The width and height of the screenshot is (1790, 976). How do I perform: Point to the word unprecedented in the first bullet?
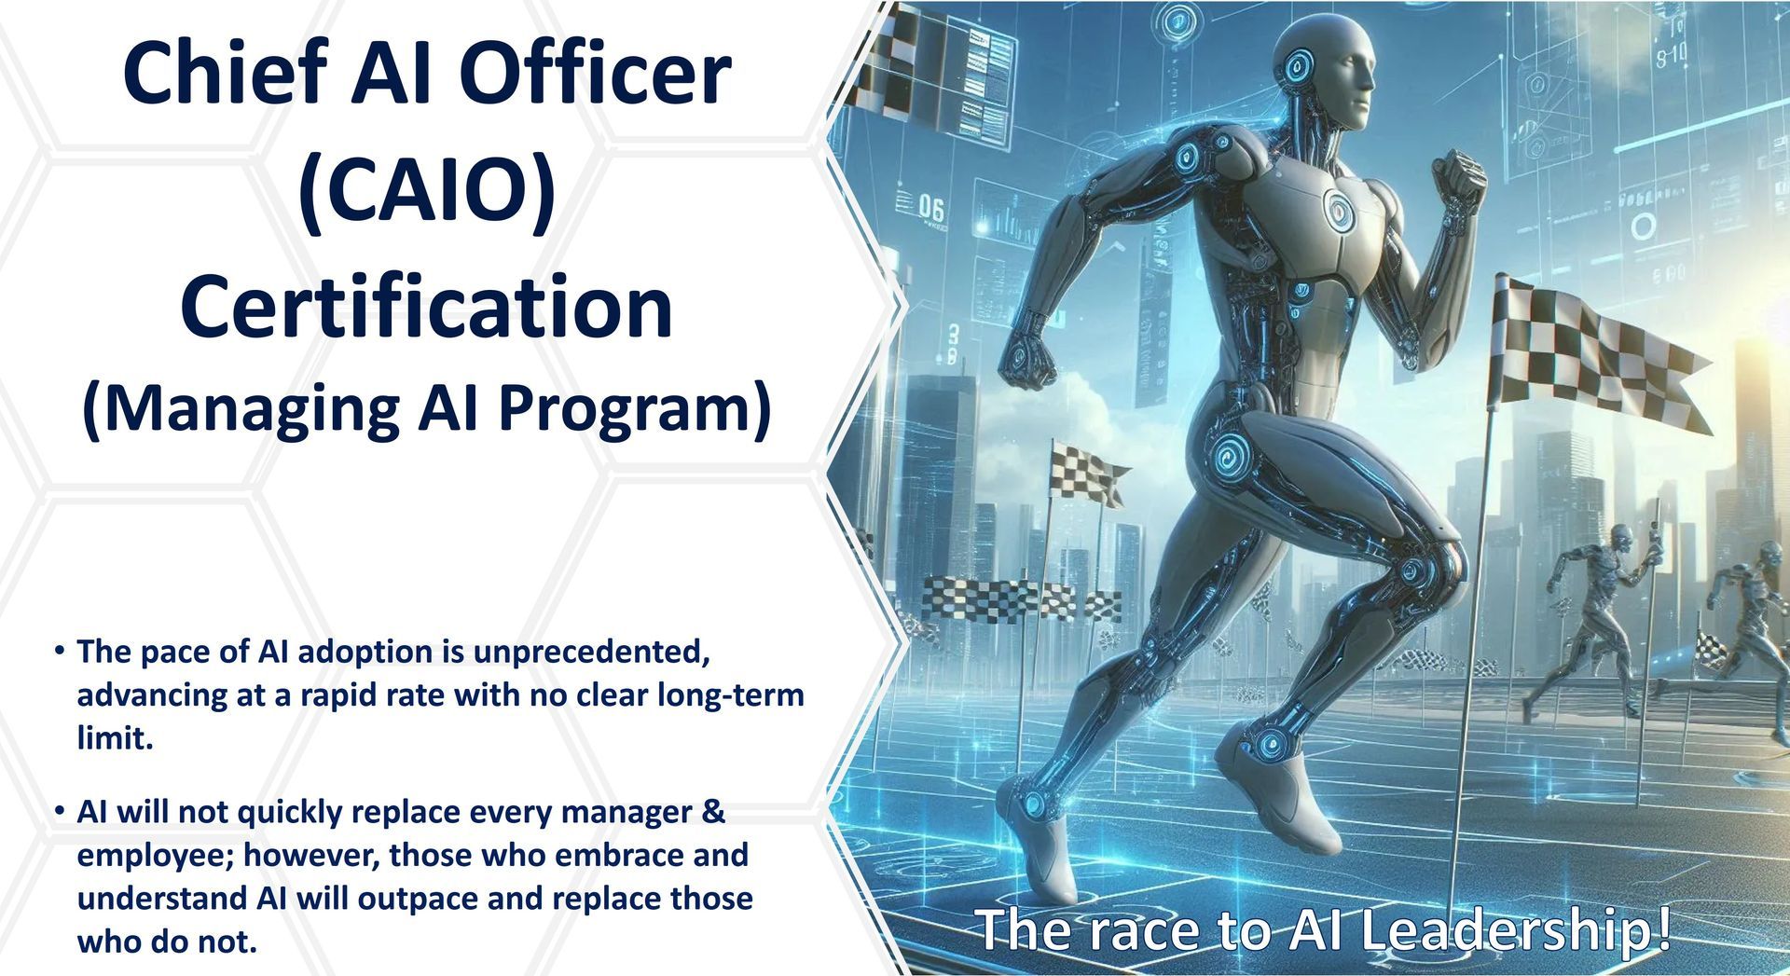pyautogui.click(x=592, y=652)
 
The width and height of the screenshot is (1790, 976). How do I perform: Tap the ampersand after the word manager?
pyautogui.click(x=713, y=812)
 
